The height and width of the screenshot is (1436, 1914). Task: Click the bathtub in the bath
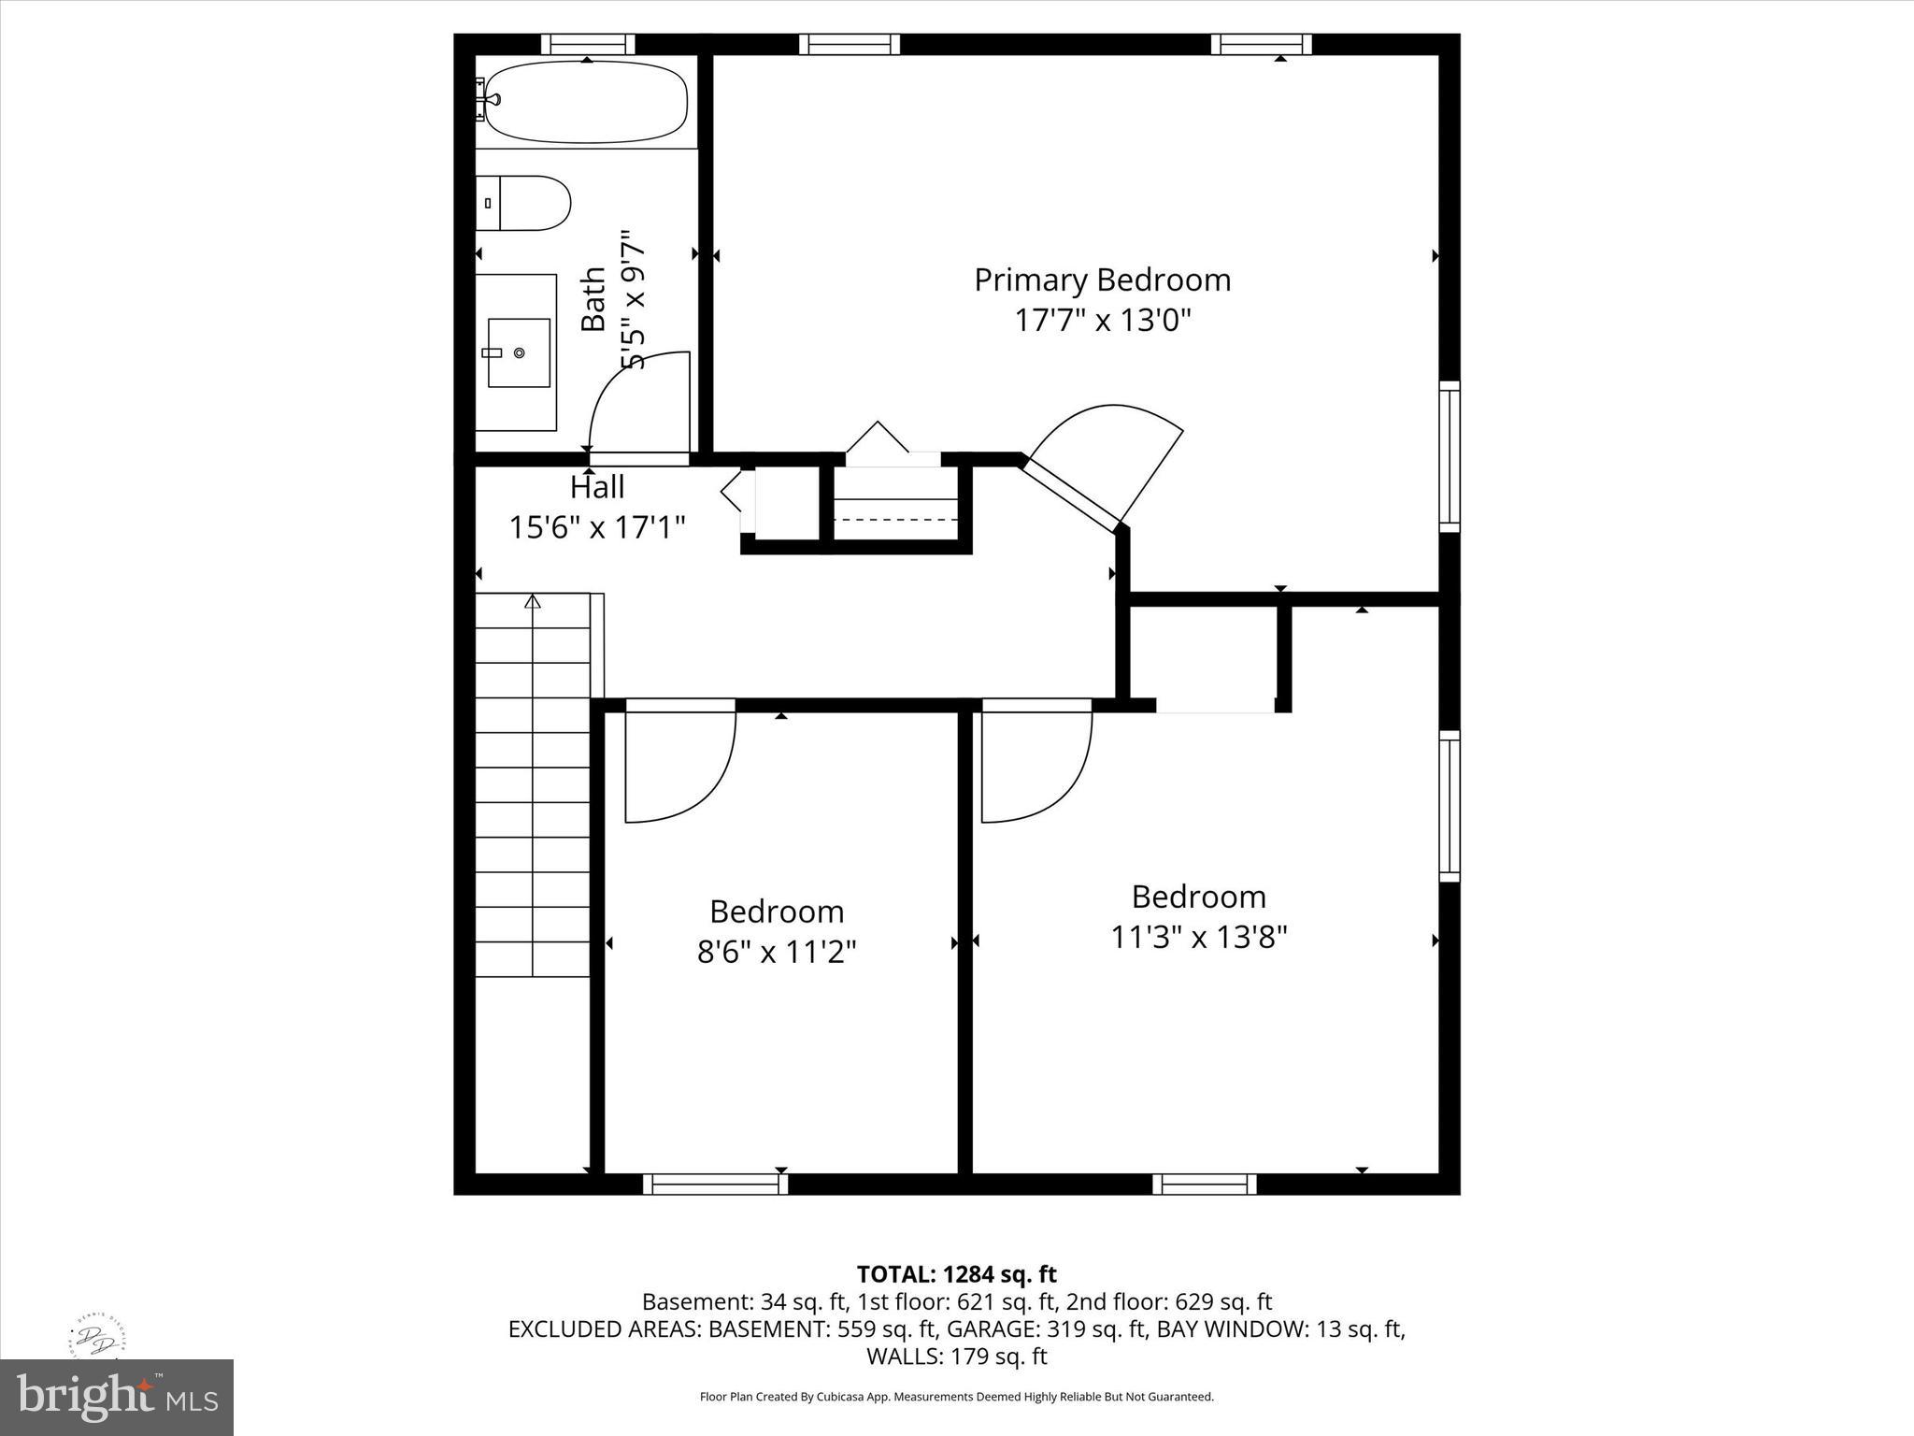586,102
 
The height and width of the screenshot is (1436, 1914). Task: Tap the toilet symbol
525,203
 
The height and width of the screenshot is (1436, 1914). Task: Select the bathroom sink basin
519,352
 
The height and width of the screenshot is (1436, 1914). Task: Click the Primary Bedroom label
1102,280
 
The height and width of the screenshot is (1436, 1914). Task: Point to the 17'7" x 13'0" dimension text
1103,321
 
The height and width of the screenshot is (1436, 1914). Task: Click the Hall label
597,487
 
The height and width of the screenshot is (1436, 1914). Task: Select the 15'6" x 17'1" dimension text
597,527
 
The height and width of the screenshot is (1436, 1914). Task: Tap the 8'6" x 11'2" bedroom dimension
777,952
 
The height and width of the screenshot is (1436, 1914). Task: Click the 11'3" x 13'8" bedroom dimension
1198,937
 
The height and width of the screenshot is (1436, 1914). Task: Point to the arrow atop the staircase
533,601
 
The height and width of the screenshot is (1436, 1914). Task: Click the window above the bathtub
588,44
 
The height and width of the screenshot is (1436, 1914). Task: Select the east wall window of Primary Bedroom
1449,456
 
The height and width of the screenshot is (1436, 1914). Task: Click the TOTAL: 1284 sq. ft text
956,1274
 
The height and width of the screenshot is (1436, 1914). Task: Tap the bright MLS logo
117,1398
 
